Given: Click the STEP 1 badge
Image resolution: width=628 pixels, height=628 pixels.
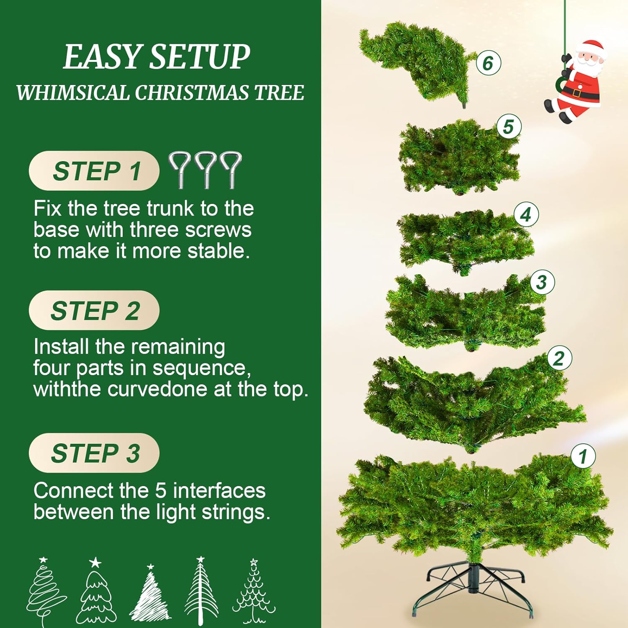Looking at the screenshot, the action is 94,171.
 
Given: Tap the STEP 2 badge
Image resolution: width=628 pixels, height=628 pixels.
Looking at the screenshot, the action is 94,310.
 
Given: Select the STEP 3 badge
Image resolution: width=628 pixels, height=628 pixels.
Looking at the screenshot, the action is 94,453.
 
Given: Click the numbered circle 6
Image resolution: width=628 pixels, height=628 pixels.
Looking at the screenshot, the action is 488,63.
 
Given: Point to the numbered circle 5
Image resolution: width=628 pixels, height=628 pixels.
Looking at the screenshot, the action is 509,127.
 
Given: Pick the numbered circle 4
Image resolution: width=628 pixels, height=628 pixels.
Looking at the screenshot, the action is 526,215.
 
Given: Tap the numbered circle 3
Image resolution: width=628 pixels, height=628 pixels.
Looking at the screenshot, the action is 542,282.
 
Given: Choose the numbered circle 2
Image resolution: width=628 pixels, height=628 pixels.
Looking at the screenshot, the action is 559,358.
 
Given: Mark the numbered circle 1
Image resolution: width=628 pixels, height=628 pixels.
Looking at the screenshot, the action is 583,456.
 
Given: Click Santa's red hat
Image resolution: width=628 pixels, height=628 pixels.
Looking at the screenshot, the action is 591,47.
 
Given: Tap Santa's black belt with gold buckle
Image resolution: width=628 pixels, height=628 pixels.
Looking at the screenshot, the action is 581,92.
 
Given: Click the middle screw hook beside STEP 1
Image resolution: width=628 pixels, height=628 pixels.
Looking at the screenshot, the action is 205,170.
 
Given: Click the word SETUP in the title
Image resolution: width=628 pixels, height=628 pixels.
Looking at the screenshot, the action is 200,57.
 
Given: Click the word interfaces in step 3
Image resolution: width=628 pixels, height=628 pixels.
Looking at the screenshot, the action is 219,491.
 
